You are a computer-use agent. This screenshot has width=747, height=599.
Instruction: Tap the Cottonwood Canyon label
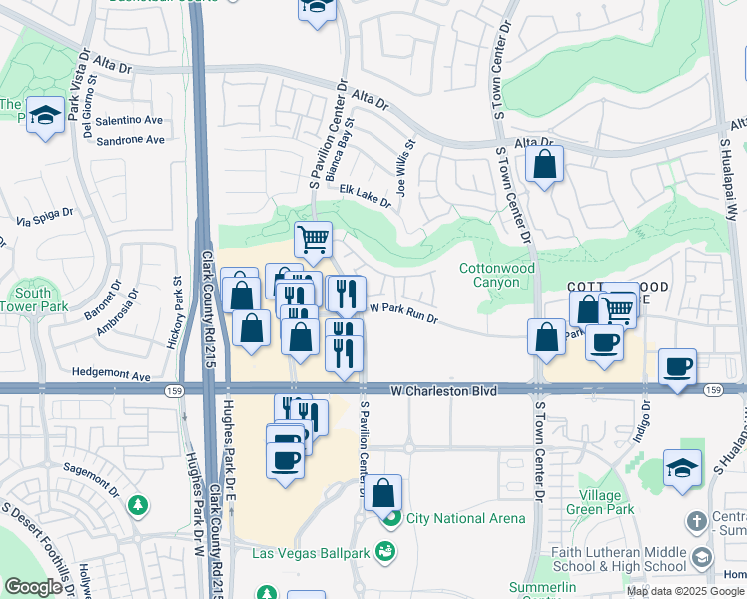pos(497,275)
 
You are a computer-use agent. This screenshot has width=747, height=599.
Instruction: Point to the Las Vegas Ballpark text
pos(311,553)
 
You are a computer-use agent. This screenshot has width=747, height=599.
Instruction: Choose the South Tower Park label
pos(41,299)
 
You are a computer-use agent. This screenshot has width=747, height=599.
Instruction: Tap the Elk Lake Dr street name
pos(365,195)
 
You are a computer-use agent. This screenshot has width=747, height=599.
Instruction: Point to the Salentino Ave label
pos(128,119)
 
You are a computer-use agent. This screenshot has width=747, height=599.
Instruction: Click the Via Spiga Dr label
pos(45,213)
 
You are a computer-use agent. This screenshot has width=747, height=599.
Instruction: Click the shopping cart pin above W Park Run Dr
pos(313,240)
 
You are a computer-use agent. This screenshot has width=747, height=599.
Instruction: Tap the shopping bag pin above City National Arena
pos(382,493)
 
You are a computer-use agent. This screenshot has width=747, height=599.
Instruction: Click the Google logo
pos(33,587)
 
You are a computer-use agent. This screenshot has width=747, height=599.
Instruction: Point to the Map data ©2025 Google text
pos(685,591)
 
